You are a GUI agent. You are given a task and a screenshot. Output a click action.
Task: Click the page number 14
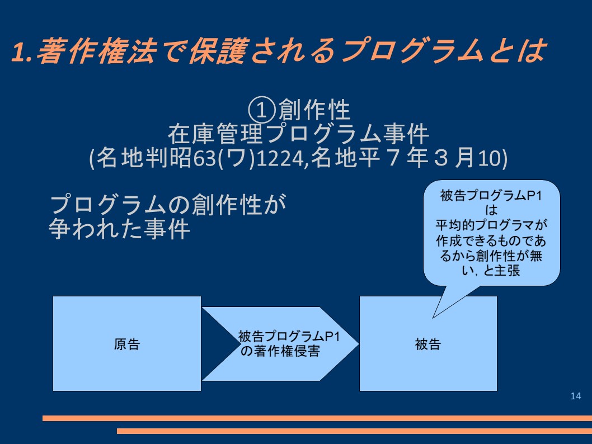575,396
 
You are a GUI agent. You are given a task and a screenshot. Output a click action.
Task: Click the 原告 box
127,344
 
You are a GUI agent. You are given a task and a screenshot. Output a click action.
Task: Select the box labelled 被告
428,344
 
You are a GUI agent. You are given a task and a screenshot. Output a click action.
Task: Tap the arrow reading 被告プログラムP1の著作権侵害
280,344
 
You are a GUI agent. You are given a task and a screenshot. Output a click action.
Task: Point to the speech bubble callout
492,233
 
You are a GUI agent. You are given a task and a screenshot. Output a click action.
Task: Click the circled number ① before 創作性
261,110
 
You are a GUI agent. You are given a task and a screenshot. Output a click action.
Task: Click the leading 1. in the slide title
22,51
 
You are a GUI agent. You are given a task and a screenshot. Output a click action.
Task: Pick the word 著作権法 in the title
97,50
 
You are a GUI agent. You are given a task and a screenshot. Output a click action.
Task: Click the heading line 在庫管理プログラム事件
298,134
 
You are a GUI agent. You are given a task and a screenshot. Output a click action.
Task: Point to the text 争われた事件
119,229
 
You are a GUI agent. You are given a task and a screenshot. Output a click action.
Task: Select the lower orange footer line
355,431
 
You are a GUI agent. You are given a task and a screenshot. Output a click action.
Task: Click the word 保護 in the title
218,50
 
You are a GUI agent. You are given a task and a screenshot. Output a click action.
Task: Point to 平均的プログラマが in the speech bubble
491,225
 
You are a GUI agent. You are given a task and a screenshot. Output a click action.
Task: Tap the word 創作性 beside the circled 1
314,110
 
